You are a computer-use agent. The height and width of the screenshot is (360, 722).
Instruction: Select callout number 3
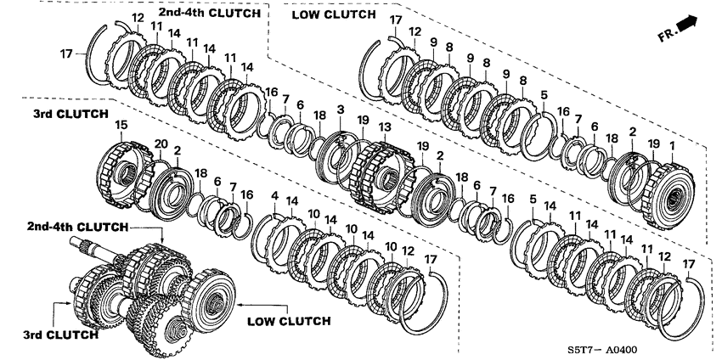pyautogui.click(x=340, y=110)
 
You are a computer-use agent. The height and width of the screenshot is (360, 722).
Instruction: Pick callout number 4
pyautogui.click(x=274, y=197)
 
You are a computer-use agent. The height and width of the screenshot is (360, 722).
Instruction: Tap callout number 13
pyautogui.click(x=384, y=127)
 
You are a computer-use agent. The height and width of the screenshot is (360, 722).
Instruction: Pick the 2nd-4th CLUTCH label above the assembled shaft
pyautogui.click(x=77, y=228)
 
